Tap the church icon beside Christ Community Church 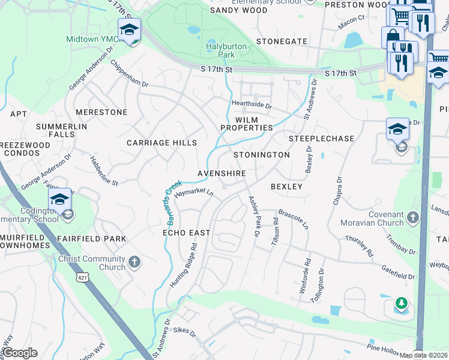pyautogui.click(x=134, y=262)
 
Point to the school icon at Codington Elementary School pyautogui.click(x=60, y=200)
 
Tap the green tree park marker pyautogui.click(x=401, y=305)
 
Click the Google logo pyautogui.click(x=20, y=353)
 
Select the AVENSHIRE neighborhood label pyautogui.click(x=221, y=173)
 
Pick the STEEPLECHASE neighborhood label pyautogui.click(x=321, y=139)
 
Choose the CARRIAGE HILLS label pyautogui.click(x=161, y=143)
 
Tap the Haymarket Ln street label pyautogui.click(x=194, y=193)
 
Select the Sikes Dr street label pyautogui.click(x=184, y=331)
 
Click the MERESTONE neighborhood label pyautogui.click(x=102, y=112)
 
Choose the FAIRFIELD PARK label pyautogui.click(x=92, y=239)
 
